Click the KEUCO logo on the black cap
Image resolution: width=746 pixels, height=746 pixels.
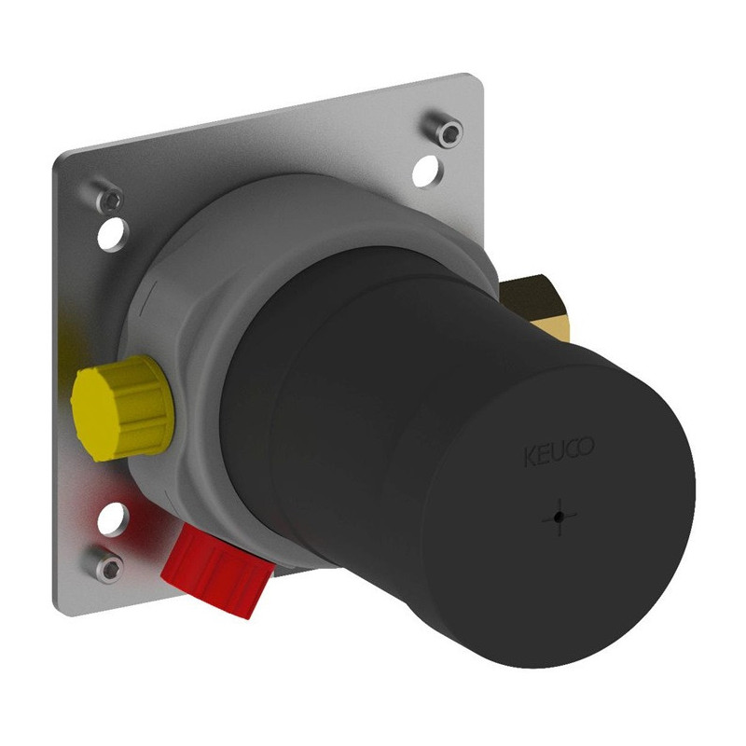(559, 450)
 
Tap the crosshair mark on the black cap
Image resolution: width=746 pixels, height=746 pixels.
(559, 517)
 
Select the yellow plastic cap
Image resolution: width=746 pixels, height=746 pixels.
(123, 408)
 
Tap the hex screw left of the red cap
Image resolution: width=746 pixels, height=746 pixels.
(108, 567)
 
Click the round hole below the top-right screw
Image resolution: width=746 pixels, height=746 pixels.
(427, 171)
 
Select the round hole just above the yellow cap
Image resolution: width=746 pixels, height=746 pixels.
(113, 234)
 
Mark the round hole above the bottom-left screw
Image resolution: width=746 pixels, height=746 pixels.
(113, 518)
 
